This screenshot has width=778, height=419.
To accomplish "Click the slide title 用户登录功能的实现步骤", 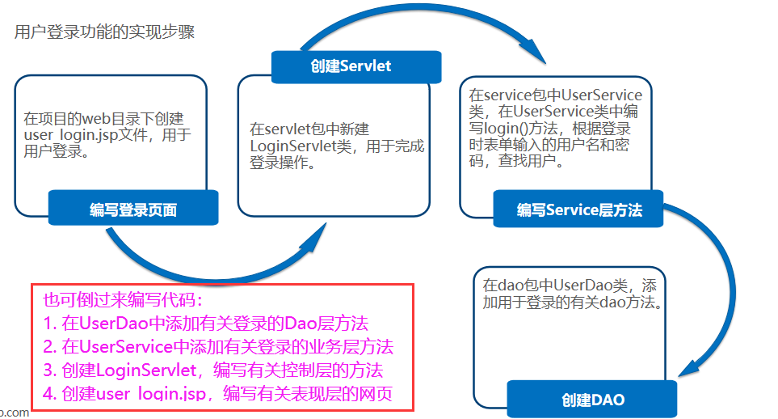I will click(x=104, y=33).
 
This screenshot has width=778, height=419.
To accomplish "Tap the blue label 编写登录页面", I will click(x=133, y=210).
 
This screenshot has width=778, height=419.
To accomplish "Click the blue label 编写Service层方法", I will click(x=579, y=210).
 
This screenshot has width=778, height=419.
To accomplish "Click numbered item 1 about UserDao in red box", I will click(x=205, y=324).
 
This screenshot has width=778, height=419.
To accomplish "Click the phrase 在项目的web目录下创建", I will click(x=103, y=117).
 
